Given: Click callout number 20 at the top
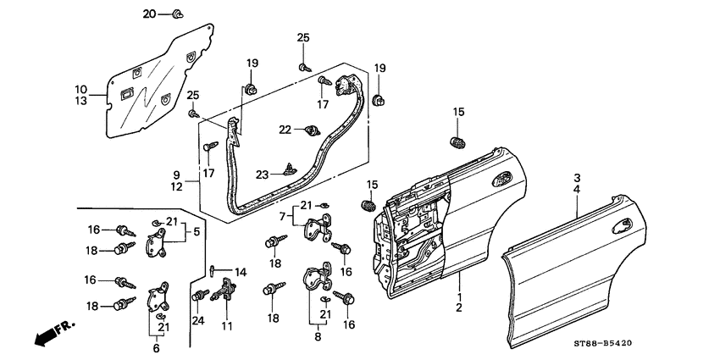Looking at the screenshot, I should [149, 14].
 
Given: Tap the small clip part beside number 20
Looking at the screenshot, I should [176, 14].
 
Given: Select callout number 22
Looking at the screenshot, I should [285, 129].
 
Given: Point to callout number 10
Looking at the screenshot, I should [80, 89].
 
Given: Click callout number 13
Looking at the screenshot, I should [80, 101].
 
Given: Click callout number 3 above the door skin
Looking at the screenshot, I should [577, 179].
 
